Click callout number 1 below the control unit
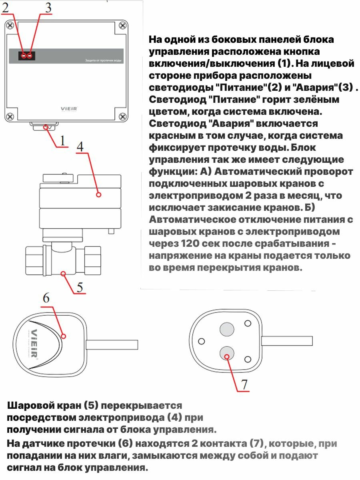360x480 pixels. click(x=62, y=140)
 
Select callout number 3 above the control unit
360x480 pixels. click(x=48, y=8)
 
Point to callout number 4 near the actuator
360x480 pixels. click(x=80, y=146)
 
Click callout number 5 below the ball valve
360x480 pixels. click(x=80, y=287)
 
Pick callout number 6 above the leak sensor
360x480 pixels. click(x=46, y=298)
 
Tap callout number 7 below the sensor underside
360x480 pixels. click(x=244, y=384)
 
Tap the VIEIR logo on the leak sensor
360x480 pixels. click(x=35, y=344)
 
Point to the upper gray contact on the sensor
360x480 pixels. click(x=226, y=329)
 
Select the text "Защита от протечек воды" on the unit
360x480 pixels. click(x=104, y=61)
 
